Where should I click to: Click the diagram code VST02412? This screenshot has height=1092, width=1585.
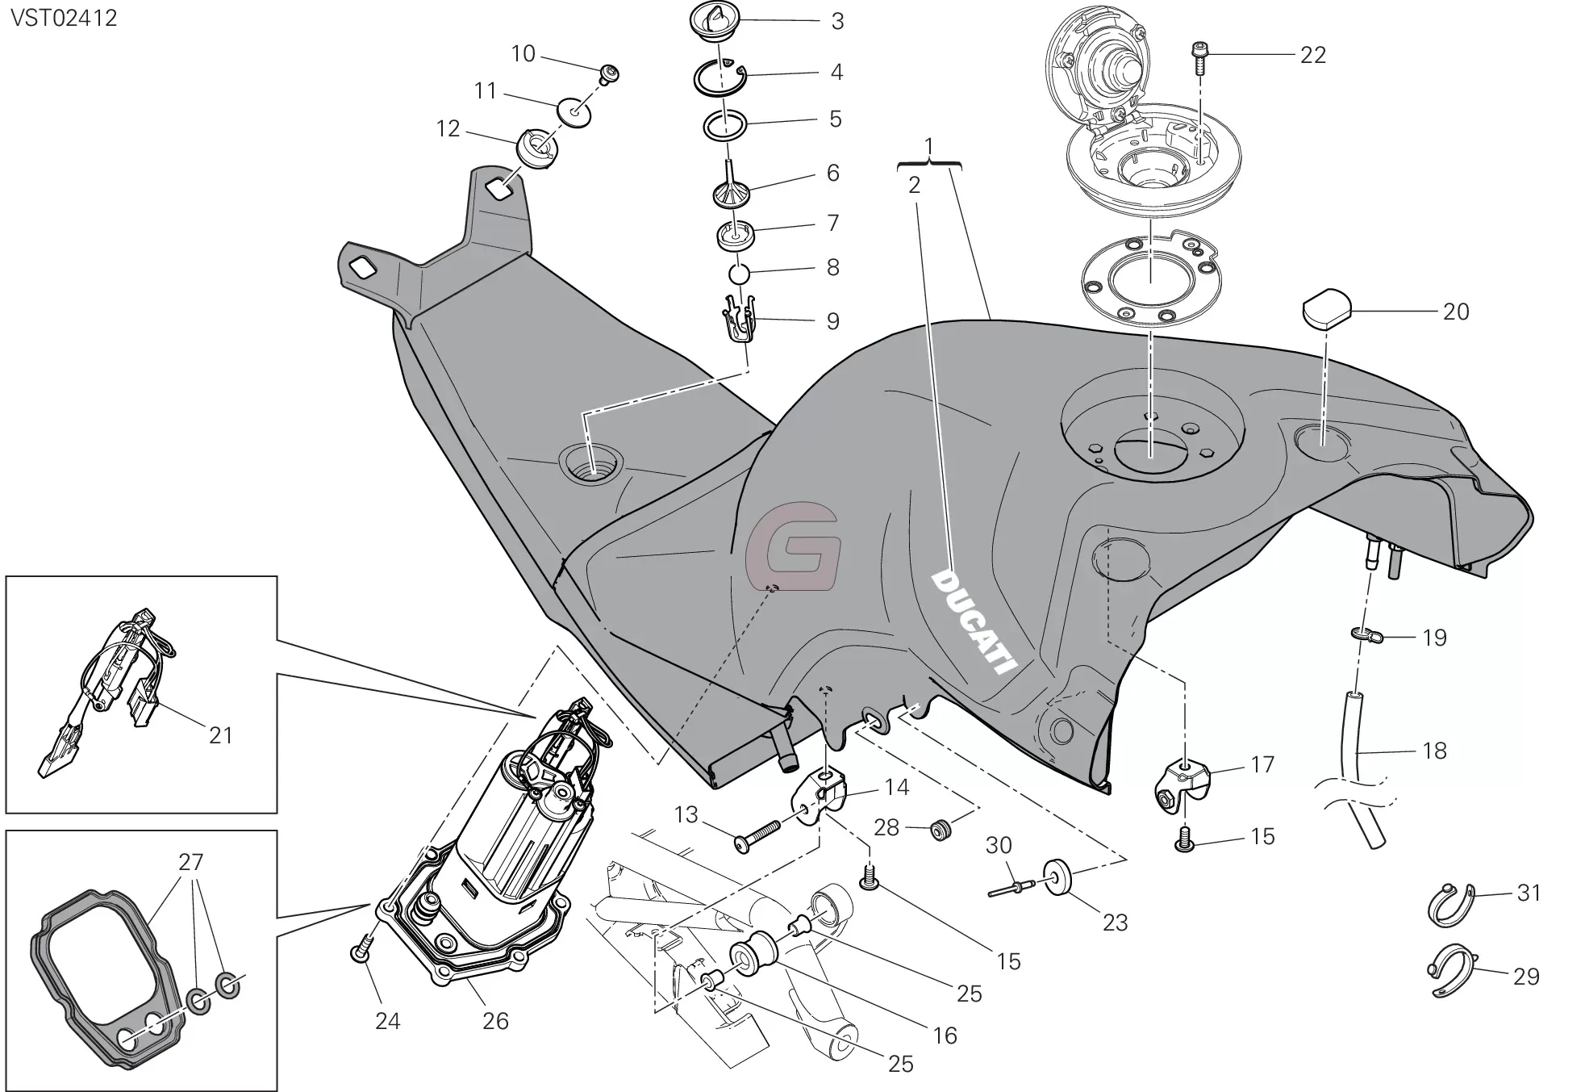tap(64, 18)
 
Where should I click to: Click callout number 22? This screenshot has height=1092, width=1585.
tap(1312, 55)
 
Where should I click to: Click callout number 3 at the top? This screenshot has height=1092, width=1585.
tap(837, 21)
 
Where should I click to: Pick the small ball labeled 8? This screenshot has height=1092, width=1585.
tap(739, 274)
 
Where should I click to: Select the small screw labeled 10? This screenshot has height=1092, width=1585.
tap(611, 75)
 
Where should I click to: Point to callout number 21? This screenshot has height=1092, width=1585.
tap(220, 734)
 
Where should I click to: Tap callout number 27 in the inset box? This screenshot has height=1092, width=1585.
tap(191, 861)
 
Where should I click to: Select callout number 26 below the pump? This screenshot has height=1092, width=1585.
tap(495, 1021)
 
